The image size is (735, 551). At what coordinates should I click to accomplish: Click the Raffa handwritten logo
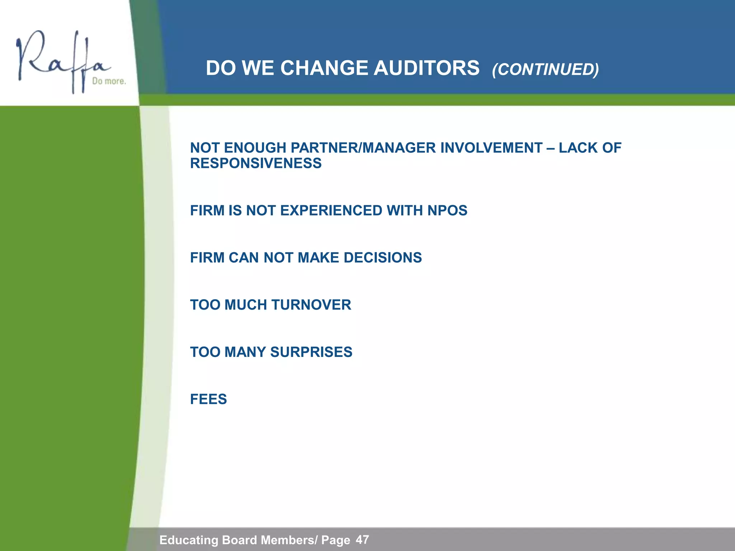pos(61,59)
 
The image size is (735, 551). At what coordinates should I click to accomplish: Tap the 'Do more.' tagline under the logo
pos(109,81)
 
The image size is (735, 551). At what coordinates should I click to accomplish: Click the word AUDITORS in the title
pos(426,68)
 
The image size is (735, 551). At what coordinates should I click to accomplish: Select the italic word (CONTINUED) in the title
pos(545,69)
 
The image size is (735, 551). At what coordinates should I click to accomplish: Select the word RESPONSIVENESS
pos(256,164)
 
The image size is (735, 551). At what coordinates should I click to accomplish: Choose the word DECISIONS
pos(383,258)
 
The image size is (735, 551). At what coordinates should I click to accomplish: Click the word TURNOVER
pos(311,305)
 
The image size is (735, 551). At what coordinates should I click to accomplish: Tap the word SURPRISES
pos(311,352)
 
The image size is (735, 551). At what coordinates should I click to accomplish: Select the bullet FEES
pos(208,399)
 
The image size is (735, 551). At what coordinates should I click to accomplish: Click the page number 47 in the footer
pos(362,540)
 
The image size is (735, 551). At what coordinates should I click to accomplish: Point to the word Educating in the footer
pos(189,540)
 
